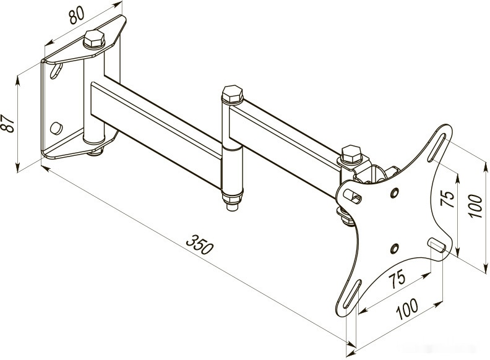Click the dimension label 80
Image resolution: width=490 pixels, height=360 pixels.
click(77, 15)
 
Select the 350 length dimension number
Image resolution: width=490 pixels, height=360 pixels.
click(200, 245)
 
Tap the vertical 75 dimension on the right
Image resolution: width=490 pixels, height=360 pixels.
click(447, 199)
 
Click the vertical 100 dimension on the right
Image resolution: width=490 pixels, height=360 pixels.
click(475, 206)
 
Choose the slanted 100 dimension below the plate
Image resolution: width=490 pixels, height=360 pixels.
click(407, 309)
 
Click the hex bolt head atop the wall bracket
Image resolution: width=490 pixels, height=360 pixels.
click(94, 39)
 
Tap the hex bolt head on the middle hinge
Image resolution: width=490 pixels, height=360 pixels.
click(233, 94)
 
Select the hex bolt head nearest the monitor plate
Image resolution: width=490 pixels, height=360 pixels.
click(352, 154)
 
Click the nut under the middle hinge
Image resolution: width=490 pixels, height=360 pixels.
click(232, 202)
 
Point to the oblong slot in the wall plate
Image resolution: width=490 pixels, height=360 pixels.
click(56, 71)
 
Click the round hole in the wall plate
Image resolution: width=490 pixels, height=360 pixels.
click(56, 128)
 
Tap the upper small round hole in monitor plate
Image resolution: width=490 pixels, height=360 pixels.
click(394, 192)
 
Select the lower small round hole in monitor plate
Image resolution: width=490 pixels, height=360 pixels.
click(394, 249)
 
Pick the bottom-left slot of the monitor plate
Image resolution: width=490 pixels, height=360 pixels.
click(352, 289)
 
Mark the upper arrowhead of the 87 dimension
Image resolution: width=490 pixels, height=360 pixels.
click(17, 80)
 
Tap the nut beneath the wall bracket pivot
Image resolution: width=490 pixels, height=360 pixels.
click(96, 152)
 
